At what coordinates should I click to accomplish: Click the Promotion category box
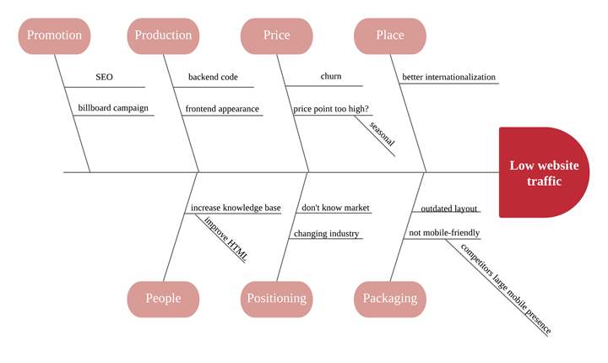54,35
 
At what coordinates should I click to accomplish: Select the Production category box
163,35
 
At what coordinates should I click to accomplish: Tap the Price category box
276,35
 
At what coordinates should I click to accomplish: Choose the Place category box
389,35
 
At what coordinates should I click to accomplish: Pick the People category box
163,298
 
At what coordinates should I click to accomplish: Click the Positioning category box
276,298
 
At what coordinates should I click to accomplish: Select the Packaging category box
389,298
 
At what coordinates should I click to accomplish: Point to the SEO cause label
104,77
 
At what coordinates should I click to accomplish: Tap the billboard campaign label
113,108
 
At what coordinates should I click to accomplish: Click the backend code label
213,77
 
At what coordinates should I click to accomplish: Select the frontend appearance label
222,109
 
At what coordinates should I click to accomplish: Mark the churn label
331,76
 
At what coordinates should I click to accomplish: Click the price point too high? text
331,109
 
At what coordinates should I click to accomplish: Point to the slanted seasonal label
382,133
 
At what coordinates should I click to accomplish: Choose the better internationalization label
448,77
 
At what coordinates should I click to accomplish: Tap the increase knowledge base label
236,208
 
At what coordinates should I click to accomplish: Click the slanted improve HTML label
225,238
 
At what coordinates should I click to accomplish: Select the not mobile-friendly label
444,233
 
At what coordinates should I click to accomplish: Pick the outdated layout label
449,209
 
